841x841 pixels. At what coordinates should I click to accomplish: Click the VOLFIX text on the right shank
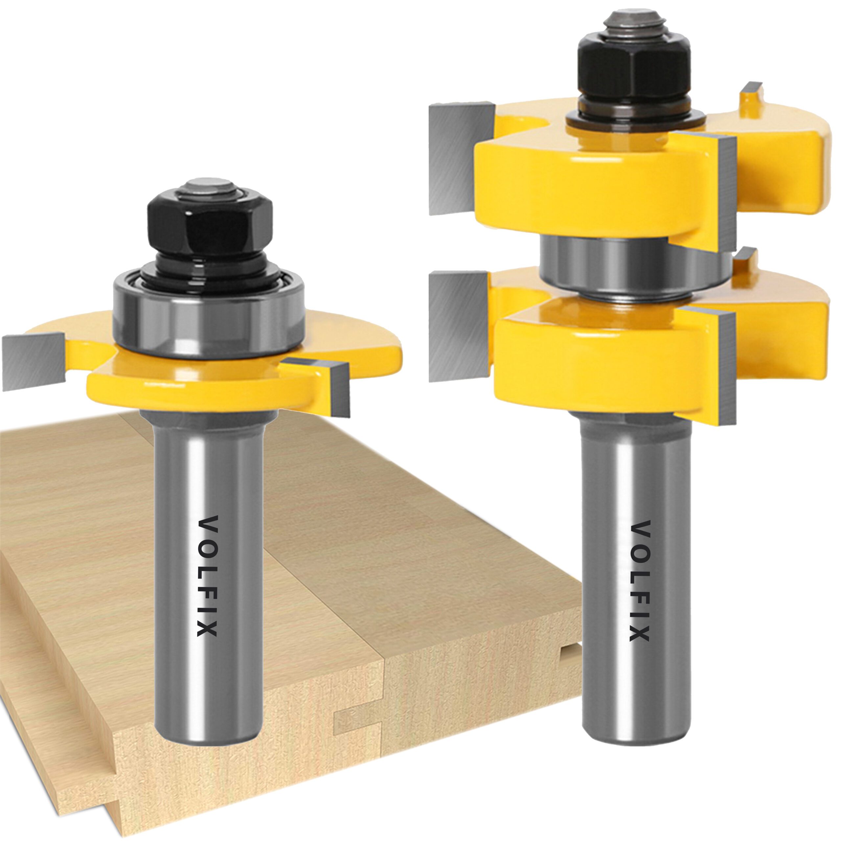pos(640,581)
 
